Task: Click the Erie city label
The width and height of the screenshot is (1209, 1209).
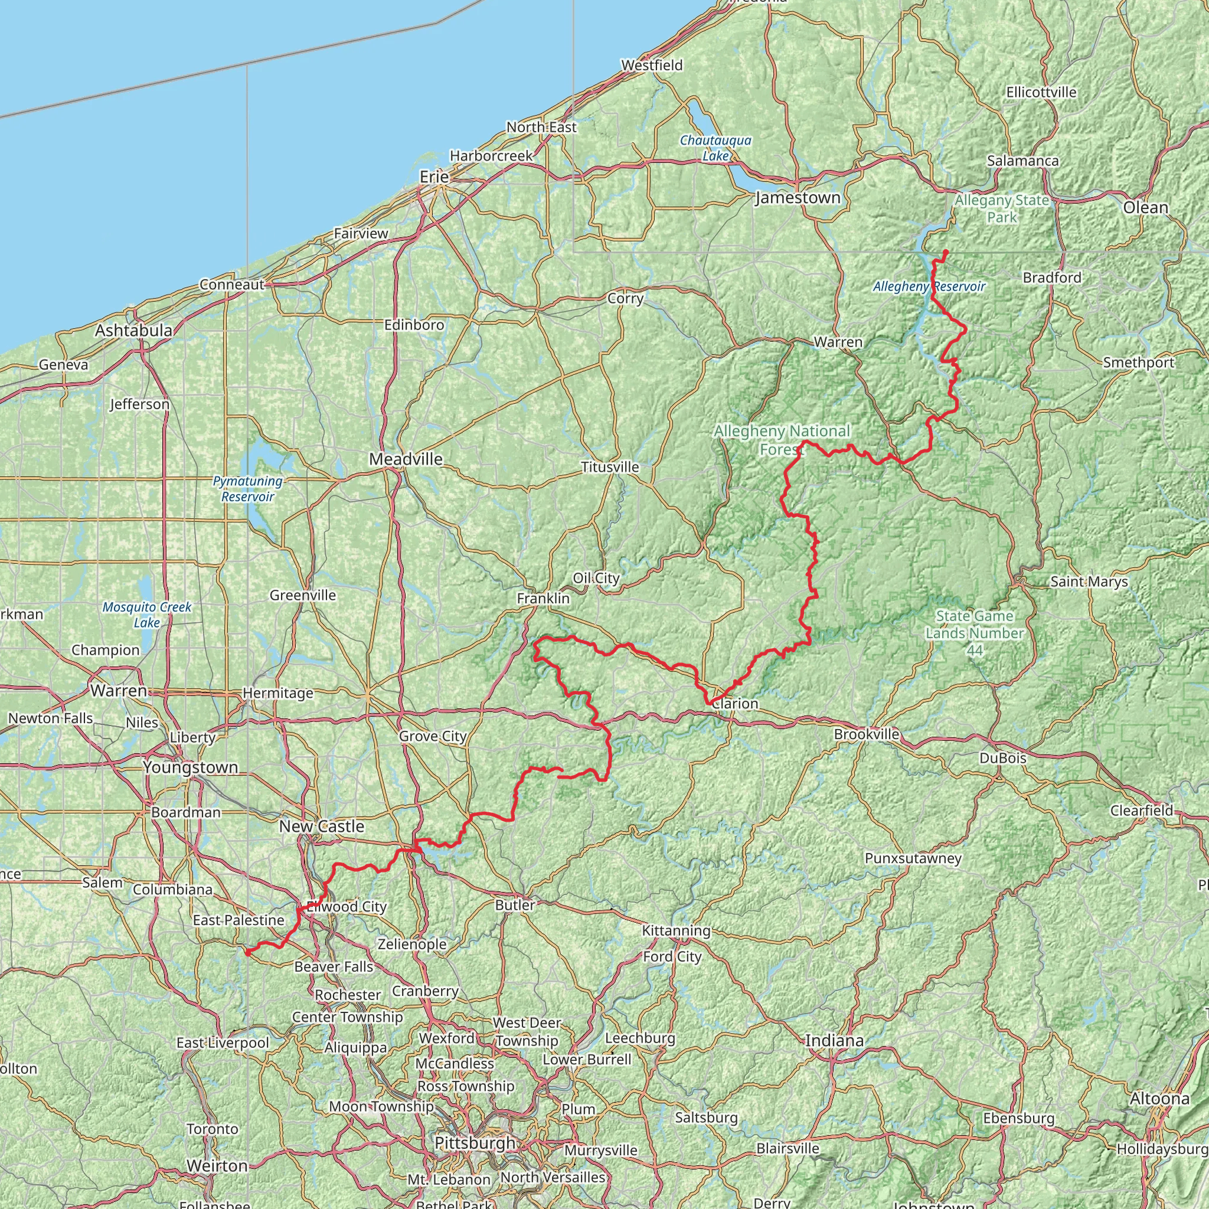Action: click(434, 177)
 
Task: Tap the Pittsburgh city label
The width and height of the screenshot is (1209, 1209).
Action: click(475, 1143)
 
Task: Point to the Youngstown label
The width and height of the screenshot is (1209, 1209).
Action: click(190, 767)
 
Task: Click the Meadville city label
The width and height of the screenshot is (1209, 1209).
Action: click(406, 459)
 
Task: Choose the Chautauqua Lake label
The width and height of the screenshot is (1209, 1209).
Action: click(715, 148)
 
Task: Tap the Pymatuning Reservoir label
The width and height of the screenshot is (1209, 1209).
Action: click(248, 489)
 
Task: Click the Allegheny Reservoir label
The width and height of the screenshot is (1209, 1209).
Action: click(929, 286)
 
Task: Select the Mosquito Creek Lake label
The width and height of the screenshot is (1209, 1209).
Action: click(147, 615)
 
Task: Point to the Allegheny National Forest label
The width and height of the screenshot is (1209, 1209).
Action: click(782, 440)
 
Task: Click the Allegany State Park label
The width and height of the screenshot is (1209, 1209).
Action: click(1001, 208)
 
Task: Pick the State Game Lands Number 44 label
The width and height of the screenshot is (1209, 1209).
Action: click(974, 633)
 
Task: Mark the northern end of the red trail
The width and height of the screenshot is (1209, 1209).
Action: click(946, 251)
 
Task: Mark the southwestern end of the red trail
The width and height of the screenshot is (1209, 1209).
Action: click(247, 952)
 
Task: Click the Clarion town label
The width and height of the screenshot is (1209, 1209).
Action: click(736, 703)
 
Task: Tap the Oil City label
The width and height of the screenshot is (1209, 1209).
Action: click(596, 578)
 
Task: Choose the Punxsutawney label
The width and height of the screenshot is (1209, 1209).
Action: click(913, 858)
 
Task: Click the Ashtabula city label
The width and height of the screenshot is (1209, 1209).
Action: click(133, 331)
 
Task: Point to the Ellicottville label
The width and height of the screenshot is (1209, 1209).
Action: click(1041, 93)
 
